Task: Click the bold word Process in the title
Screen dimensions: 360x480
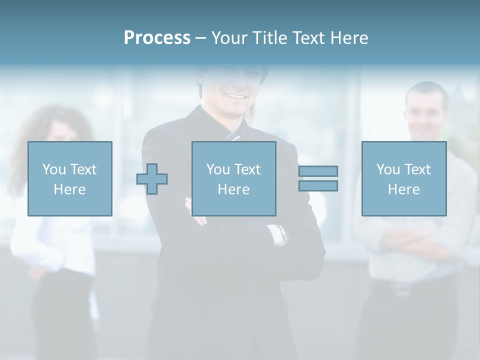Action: (x=157, y=38)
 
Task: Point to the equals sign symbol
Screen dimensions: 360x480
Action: (x=318, y=178)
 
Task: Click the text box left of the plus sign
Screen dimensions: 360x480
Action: (x=70, y=178)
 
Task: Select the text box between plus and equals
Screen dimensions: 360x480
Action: (x=234, y=178)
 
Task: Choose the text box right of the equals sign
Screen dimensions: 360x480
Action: (x=404, y=178)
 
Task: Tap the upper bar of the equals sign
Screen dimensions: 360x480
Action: (x=318, y=171)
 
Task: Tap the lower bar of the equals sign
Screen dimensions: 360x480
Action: (x=318, y=186)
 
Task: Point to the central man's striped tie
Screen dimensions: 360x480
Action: (x=233, y=136)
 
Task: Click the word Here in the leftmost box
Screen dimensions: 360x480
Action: (x=70, y=189)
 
